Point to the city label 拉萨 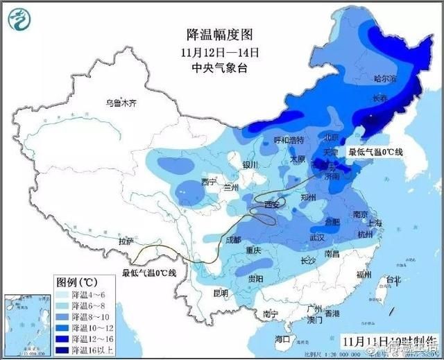tap(126, 241)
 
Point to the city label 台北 tap(393, 280)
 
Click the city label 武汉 tap(317, 237)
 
